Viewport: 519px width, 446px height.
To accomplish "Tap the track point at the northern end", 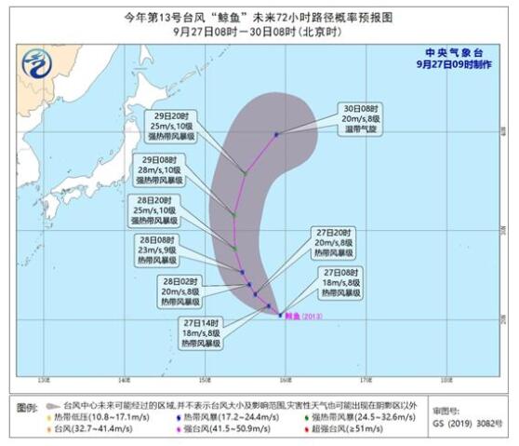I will pos(276,134).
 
